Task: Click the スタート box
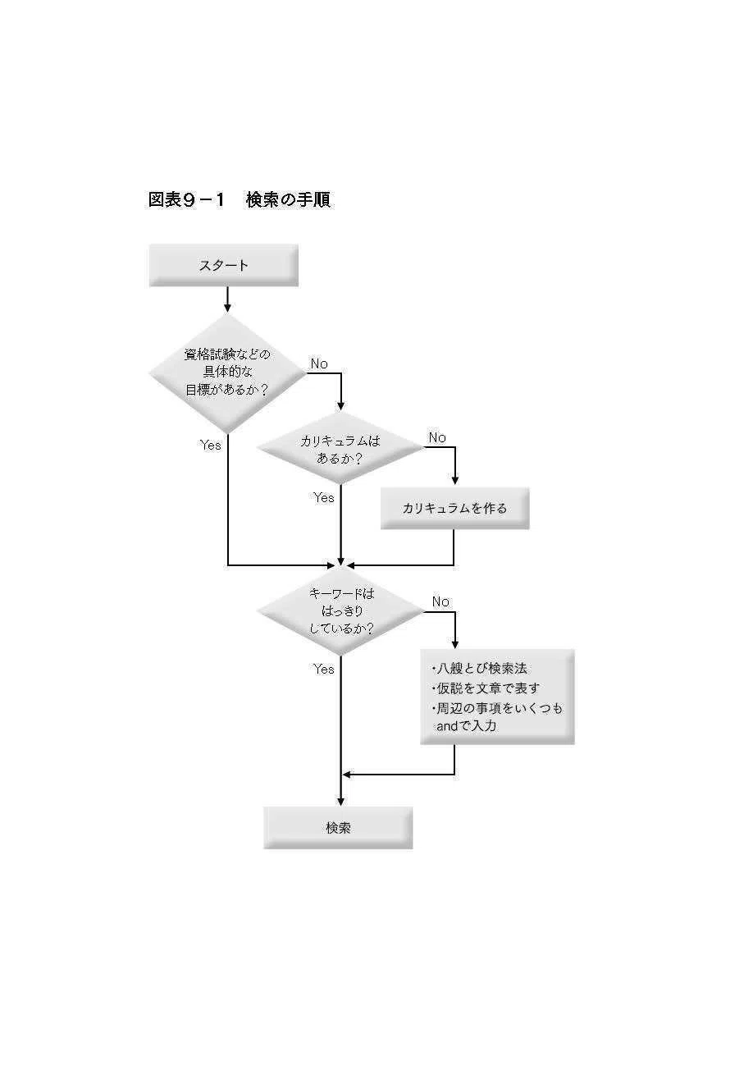[223, 265]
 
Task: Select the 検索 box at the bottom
[338, 828]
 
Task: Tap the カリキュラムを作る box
[455, 508]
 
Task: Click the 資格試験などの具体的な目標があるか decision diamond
[227, 373]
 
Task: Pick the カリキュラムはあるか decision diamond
[340, 448]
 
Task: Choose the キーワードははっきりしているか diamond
[340, 612]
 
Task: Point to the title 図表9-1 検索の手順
[240, 199]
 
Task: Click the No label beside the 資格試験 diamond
[319, 363]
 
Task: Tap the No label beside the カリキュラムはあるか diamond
[437, 437]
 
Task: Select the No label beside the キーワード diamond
[440, 601]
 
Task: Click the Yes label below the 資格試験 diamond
[211, 445]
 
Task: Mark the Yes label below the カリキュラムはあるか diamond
[324, 497]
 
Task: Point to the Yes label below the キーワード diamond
[324, 669]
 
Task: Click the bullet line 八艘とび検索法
[480, 669]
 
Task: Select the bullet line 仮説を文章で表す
[486, 688]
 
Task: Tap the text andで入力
[467, 726]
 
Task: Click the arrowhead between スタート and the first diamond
[227, 307]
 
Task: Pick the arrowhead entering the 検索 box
[340, 801]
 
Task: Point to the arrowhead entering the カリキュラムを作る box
[455, 480]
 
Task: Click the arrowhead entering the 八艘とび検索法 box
[455, 644]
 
